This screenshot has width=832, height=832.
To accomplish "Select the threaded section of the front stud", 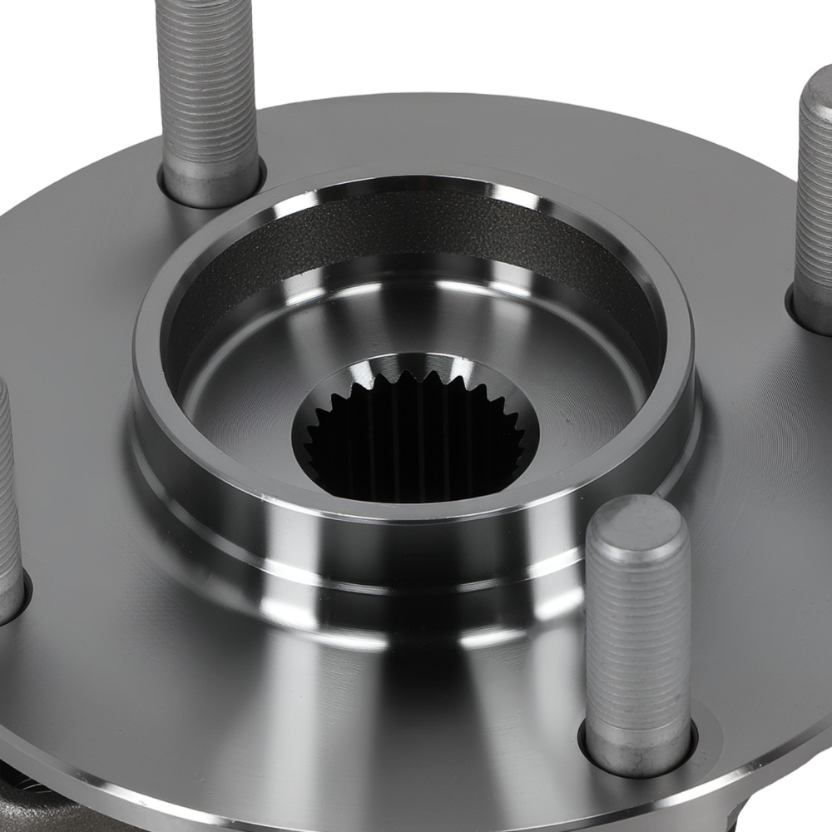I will click(638, 632).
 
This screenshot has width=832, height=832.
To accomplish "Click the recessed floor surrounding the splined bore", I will click(250, 399).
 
